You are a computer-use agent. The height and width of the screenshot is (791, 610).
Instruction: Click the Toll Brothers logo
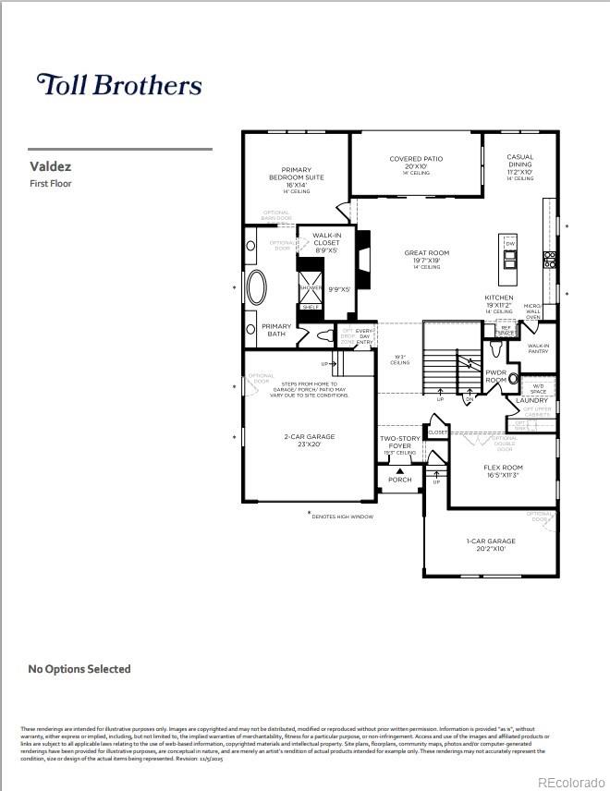click(x=118, y=85)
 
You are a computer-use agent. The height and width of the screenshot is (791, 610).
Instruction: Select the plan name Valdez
click(x=51, y=167)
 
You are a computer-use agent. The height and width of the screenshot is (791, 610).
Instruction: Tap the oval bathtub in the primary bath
click(x=257, y=286)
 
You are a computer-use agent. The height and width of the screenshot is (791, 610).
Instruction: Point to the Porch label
click(x=400, y=480)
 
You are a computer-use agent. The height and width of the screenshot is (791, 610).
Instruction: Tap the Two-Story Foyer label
click(x=399, y=443)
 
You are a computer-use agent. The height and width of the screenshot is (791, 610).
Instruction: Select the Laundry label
click(x=532, y=400)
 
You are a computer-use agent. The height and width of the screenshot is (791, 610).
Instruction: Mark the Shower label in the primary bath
click(x=310, y=287)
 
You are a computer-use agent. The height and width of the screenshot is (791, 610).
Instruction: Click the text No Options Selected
click(x=79, y=669)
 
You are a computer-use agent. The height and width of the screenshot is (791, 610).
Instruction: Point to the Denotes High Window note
click(x=342, y=517)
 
